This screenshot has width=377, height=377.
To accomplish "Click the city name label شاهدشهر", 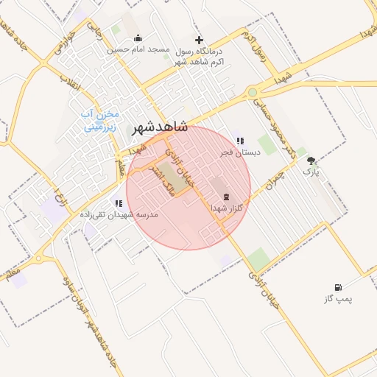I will tap(160, 128).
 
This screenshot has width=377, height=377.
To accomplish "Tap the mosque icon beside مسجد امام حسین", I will tap(138, 39).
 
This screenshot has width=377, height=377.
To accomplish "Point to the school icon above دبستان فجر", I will tap(239, 141).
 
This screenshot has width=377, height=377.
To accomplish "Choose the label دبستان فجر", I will tap(239, 152).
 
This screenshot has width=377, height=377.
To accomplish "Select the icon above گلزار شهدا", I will tap(226, 197).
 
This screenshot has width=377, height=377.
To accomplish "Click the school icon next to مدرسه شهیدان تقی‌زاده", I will tap(118, 202).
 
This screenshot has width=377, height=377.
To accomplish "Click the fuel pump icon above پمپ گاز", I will tap(338, 287).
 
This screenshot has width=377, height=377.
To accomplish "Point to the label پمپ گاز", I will tap(338, 299).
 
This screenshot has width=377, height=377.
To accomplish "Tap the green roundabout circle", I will tap(253, 93).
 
